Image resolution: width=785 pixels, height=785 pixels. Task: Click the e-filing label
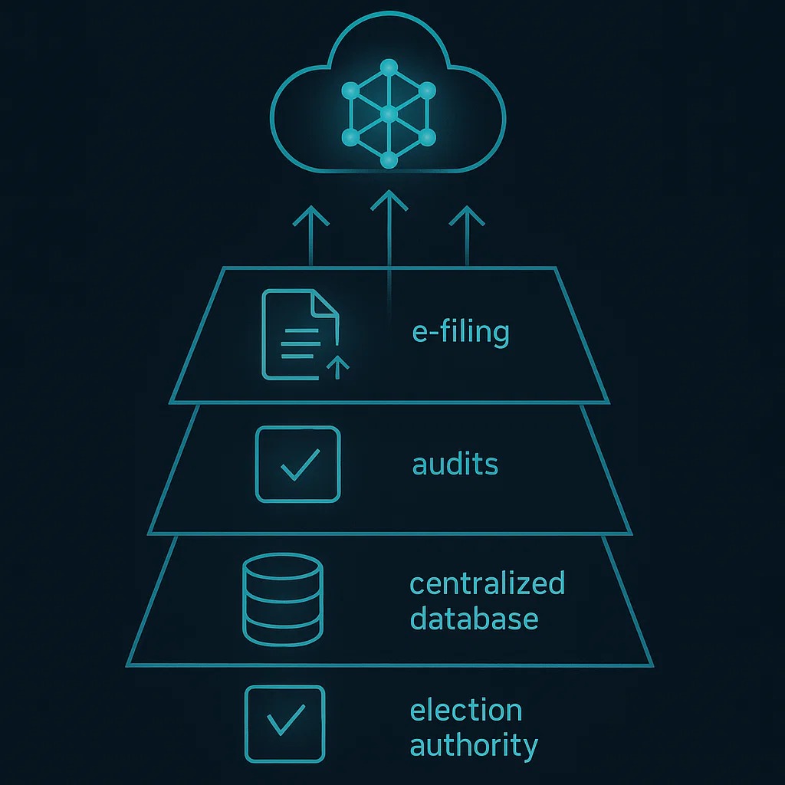coord(460,333)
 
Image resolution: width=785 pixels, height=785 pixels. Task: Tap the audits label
coord(455,464)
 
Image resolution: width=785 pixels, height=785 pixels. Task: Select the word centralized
coord(487,583)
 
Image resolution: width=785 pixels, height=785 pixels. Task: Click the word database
coord(474,619)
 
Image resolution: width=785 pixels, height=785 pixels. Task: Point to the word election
coord(466,710)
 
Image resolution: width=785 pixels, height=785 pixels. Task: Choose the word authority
coord(474,745)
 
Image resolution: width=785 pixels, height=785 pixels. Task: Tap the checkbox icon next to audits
coord(297,465)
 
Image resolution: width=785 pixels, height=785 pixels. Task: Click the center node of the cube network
coord(389,115)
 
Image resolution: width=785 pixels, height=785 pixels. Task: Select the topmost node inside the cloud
coord(389,67)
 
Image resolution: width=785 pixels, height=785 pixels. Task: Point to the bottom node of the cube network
coord(389,159)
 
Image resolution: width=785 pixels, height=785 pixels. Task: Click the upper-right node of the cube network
coord(428,91)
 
